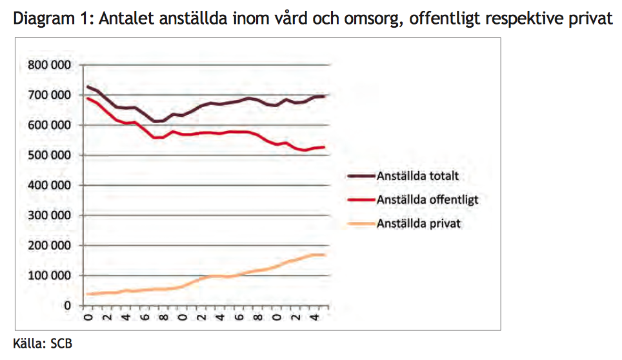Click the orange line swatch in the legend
pos(360,224)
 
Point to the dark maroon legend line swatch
pos(360,175)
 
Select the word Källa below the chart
pos(28,343)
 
